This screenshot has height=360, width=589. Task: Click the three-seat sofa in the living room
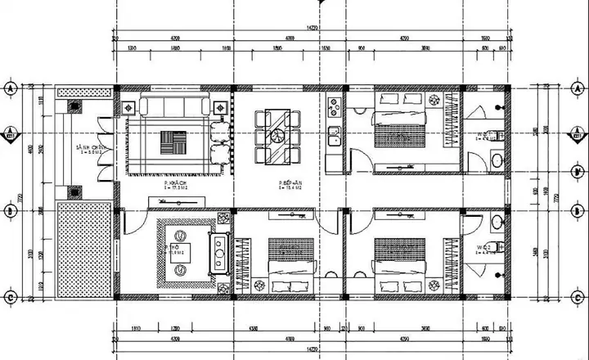(173, 106)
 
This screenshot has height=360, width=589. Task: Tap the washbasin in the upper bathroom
(497, 161)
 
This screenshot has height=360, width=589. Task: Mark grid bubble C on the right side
(578, 297)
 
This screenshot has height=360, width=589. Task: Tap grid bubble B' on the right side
(578, 170)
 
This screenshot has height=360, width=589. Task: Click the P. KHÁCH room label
(174, 184)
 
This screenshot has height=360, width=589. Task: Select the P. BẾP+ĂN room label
(290, 184)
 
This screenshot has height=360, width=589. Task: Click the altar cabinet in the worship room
(218, 253)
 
